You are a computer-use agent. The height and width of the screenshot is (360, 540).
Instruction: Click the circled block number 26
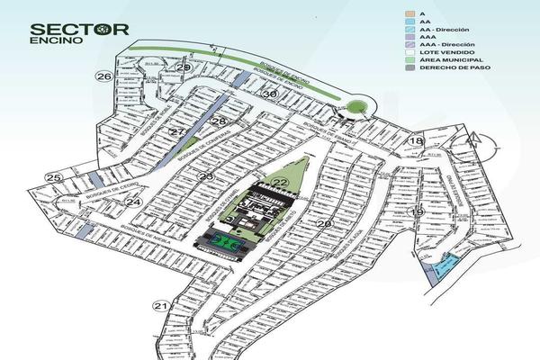(104, 77)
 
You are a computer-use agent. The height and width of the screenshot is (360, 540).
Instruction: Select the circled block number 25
(54, 178)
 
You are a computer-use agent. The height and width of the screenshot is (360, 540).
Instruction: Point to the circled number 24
(133, 202)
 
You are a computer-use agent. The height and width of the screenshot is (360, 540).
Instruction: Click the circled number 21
(161, 306)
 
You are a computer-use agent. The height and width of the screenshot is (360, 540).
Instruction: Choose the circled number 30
(269, 94)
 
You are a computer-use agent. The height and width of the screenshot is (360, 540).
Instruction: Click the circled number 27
(178, 132)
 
